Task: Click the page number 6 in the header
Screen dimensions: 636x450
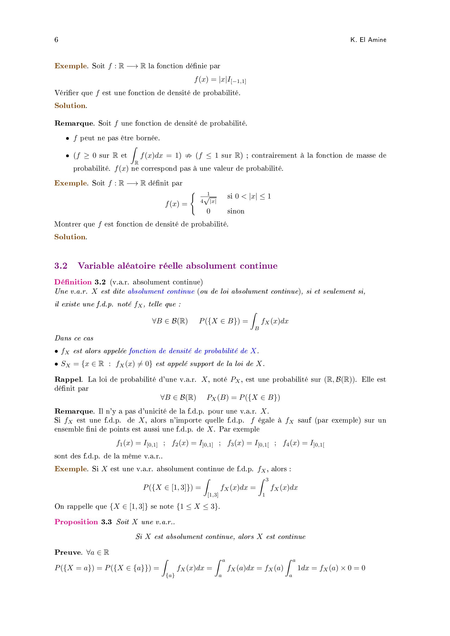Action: [56, 40]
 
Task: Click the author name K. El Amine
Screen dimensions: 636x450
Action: [368, 40]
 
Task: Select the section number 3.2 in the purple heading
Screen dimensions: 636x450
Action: [61, 266]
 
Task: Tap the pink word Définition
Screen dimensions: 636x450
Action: [73, 282]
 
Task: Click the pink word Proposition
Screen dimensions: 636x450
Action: [76, 522]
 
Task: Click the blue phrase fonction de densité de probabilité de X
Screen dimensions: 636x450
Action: [193, 351]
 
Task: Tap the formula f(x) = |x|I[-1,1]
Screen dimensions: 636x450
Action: [220, 80]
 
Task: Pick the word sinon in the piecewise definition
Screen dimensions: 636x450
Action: [236, 211]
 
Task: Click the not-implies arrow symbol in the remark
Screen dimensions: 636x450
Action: [189, 156]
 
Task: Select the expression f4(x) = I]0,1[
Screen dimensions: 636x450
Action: [303, 443]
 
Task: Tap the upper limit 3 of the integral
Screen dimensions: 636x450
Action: [267, 479]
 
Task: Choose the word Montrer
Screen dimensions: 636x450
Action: [67, 224]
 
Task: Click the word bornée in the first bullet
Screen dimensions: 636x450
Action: [148, 138]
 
